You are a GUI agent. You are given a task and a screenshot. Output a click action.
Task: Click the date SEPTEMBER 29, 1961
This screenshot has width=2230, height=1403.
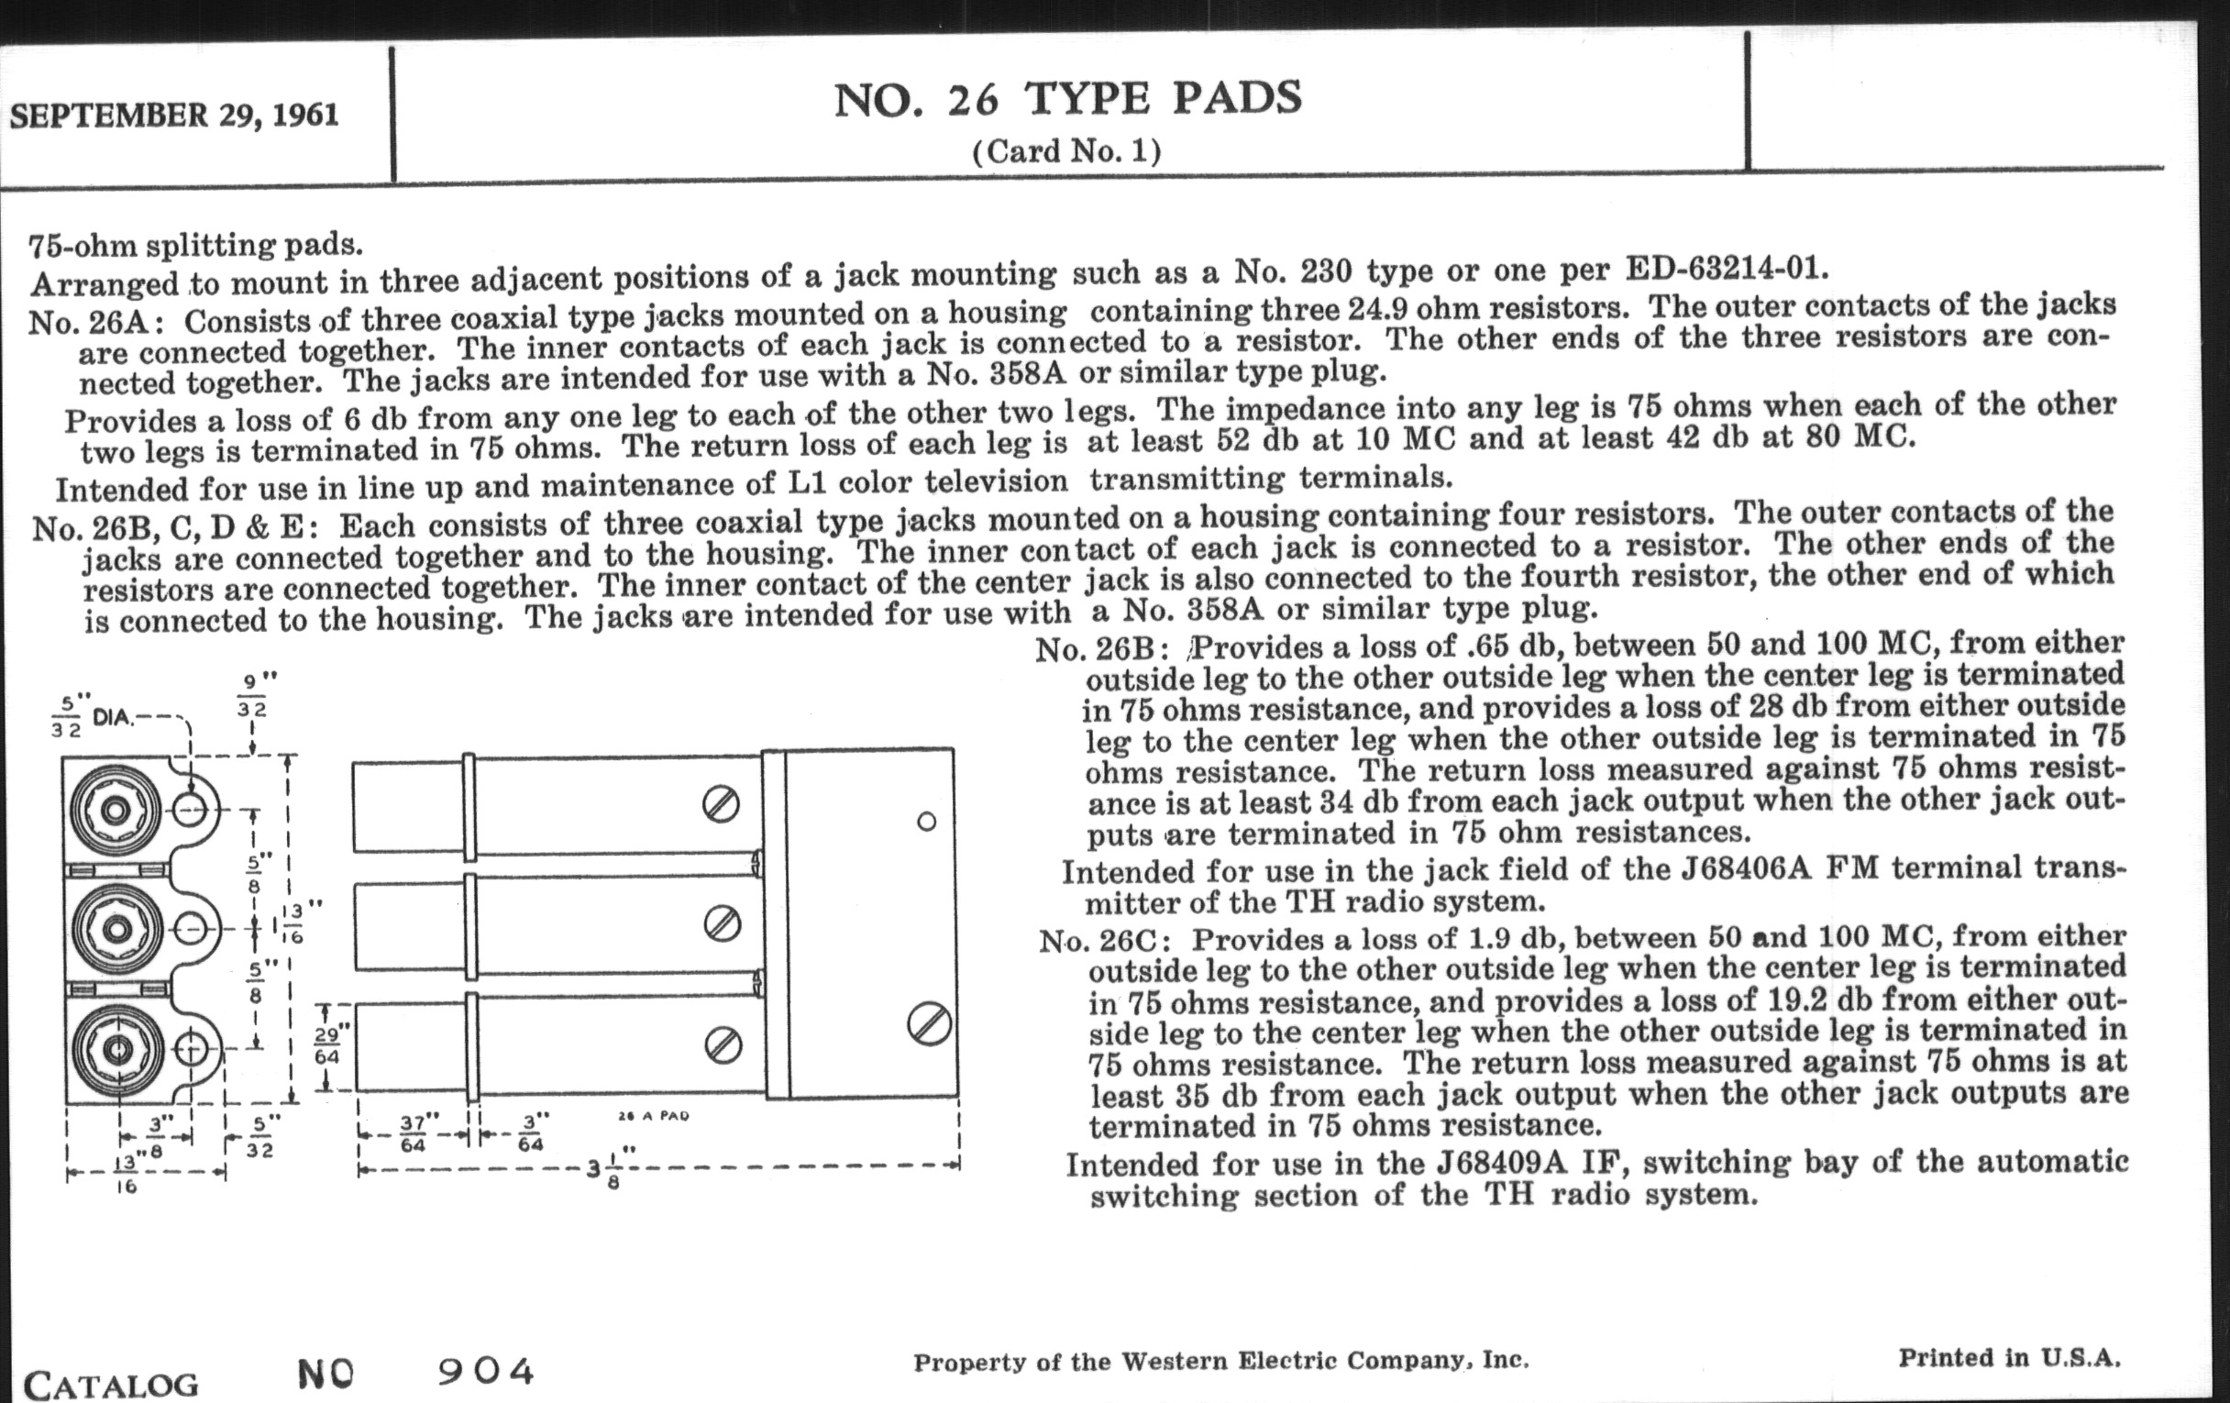click(174, 115)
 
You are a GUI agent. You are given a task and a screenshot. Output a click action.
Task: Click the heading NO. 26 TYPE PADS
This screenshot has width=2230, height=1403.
click(1067, 99)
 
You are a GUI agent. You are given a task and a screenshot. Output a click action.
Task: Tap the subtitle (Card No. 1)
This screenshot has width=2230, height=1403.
click(1065, 151)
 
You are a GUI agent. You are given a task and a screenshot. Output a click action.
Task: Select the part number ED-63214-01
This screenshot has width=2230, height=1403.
click(1728, 268)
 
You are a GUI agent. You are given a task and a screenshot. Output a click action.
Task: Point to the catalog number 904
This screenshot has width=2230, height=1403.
click(486, 1372)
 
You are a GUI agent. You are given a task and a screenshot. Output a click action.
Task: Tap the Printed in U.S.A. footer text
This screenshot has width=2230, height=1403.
click(2010, 1358)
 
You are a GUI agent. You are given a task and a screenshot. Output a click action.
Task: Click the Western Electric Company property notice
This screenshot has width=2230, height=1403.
click(1220, 1362)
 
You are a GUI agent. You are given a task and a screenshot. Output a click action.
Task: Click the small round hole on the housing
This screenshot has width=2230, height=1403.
click(926, 822)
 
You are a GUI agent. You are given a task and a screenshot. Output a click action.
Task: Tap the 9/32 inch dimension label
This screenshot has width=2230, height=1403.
click(251, 696)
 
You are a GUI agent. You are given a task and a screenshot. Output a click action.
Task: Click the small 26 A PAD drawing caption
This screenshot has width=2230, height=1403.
click(653, 1116)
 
